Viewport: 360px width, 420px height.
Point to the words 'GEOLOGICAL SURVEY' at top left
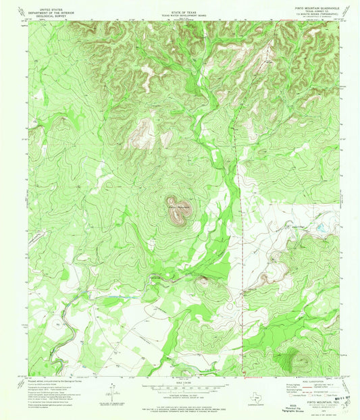point(55,17)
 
